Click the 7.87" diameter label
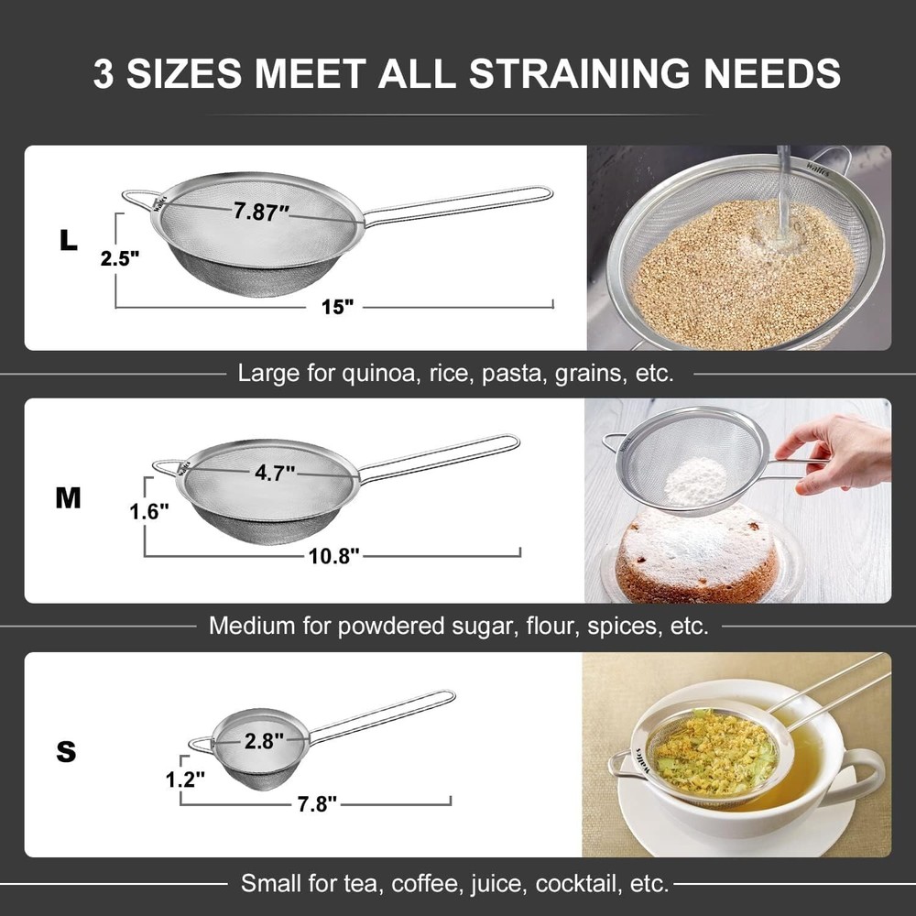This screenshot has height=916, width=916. click(x=261, y=212)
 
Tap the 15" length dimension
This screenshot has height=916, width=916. click(x=337, y=307)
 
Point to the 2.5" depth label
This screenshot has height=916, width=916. click(x=119, y=257)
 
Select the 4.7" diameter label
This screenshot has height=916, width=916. click(x=274, y=473)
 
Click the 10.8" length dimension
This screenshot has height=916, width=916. click(x=332, y=555)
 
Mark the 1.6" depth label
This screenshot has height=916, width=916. click(x=149, y=512)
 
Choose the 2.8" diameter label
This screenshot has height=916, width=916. click(x=263, y=742)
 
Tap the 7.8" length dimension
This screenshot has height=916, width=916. click(x=317, y=803)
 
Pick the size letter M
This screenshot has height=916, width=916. click(x=68, y=498)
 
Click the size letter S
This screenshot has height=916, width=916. click(x=66, y=752)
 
